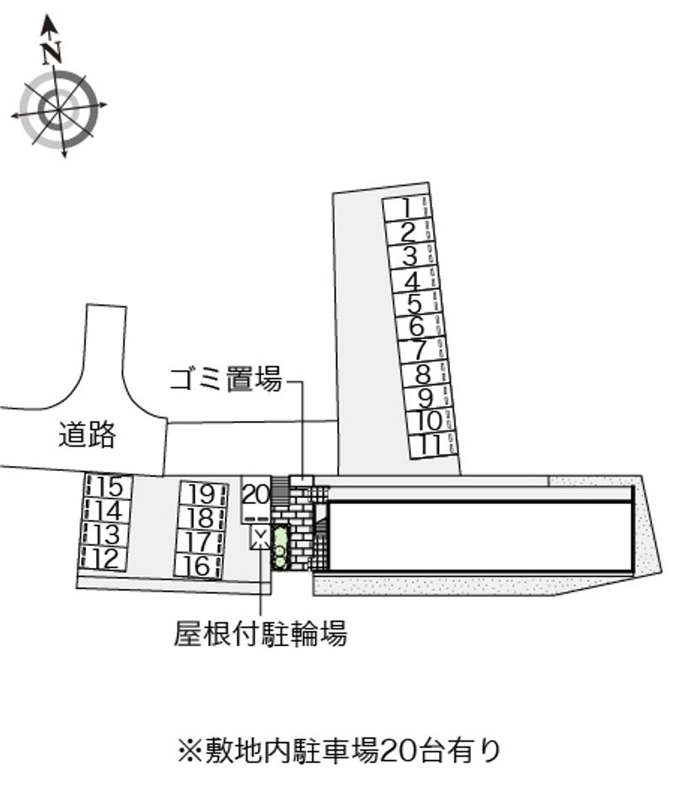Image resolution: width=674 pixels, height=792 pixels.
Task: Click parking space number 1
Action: coord(407,208)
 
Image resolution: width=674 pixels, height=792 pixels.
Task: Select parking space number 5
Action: coord(415,304)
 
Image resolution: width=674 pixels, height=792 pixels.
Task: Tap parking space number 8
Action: coord(422,375)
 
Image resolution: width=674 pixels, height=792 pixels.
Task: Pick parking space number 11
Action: coord(432,446)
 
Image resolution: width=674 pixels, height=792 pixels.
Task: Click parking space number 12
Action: coord(104,559)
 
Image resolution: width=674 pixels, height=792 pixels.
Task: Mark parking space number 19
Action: coord(203,494)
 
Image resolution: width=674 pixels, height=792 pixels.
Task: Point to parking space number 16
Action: coord(199,565)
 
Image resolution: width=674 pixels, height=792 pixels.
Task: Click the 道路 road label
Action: coord(87,434)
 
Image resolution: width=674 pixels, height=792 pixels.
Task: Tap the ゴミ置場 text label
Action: coord(225,379)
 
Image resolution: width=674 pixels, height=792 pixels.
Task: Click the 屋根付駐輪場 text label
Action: coord(260,633)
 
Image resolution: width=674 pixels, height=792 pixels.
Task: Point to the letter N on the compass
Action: coord(51,52)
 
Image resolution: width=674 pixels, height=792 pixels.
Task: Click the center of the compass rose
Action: coord(59,110)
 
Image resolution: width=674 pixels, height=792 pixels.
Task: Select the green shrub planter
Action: coord(280,548)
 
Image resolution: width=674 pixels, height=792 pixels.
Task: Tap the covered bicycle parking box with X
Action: coord(260,537)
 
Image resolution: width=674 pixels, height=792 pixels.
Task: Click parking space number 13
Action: coord(106,535)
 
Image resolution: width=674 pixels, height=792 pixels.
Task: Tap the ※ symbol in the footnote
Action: coord(190,751)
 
